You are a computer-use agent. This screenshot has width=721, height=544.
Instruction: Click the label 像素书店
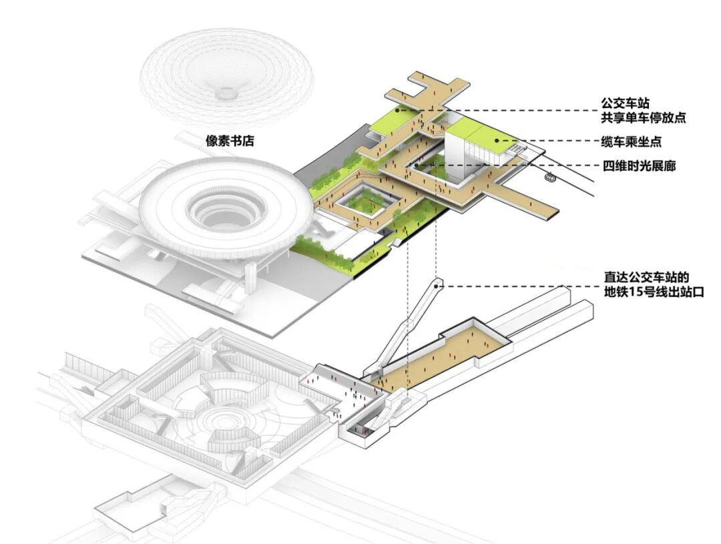231,142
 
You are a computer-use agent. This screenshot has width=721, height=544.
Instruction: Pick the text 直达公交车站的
642,277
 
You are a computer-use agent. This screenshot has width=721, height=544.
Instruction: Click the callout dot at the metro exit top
437,285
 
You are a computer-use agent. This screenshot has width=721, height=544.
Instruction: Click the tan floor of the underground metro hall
441,354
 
